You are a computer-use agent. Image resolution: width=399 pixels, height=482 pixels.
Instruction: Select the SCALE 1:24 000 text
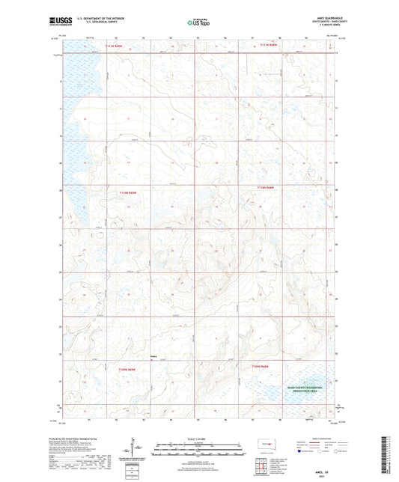point(198,438)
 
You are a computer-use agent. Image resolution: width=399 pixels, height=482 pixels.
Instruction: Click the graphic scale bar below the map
point(198,445)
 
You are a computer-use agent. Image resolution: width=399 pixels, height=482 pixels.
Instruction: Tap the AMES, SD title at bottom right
point(321,470)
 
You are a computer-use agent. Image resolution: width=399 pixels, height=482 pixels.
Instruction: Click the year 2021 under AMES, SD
point(321,475)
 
